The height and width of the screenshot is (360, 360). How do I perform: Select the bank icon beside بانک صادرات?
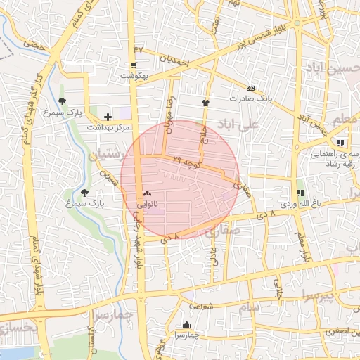[251, 88]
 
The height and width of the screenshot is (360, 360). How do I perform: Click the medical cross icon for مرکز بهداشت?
[108, 117]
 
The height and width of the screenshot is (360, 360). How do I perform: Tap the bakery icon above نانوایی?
[147, 193]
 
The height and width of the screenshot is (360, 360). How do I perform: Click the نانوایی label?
[147, 204]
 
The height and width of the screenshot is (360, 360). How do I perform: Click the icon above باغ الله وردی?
[300, 193]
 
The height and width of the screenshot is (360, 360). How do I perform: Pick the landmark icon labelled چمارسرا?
[186, 324]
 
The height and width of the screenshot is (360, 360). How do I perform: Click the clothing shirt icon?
[205, 102]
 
